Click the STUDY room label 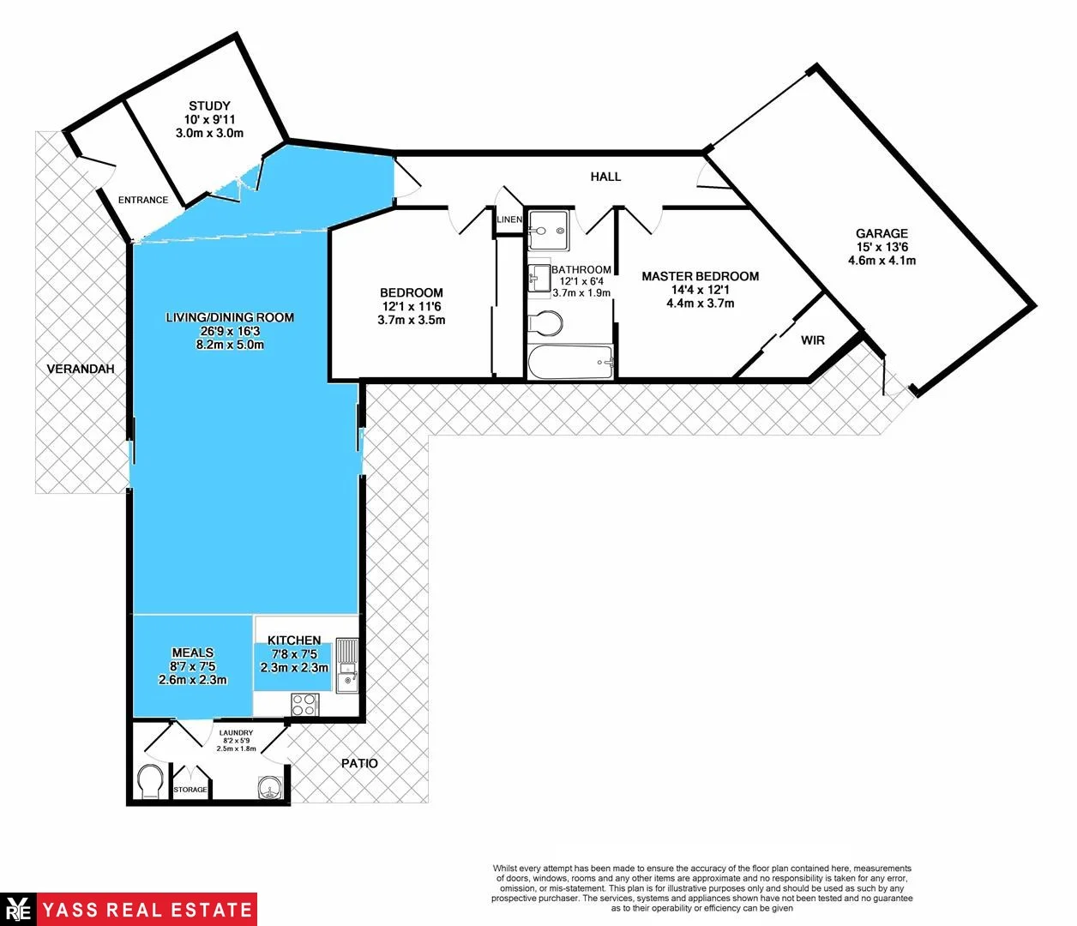tap(209, 106)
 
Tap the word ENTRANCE tap(143, 201)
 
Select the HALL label tap(605, 177)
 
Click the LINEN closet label tap(508, 219)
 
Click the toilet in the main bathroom tap(546, 323)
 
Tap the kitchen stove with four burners tap(304, 705)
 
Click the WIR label tap(813, 340)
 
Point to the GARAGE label tap(881, 233)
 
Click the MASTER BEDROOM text tap(700, 276)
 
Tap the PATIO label tap(359, 763)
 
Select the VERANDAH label tap(81, 369)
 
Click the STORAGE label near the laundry tap(190, 790)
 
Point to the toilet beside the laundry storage tap(149, 782)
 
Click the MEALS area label tap(193, 652)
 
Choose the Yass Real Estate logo tap(129, 909)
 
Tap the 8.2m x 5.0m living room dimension tap(230, 345)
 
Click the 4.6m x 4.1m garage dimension tap(881, 261)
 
